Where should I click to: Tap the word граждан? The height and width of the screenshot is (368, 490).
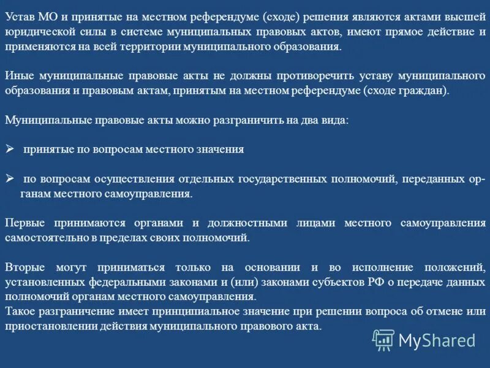[x=426, y=91]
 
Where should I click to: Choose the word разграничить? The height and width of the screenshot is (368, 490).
[x=245, y=120]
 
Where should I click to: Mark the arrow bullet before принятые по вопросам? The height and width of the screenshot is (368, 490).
[x=9, y=149]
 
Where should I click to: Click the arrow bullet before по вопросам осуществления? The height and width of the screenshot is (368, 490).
[x=9, y=178]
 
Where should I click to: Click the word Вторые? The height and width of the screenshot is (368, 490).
[x=24, y=267]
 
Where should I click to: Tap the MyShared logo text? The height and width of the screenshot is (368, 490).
[x=437, y=340]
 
